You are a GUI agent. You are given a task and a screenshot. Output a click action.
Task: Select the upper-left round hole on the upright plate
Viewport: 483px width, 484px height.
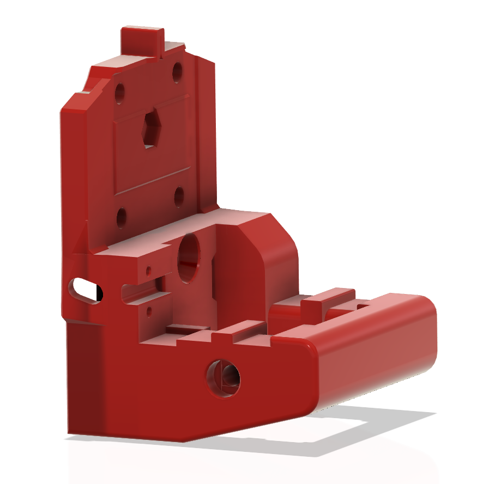point(119,94)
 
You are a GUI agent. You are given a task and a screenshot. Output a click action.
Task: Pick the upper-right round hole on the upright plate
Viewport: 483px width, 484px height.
point(178,72)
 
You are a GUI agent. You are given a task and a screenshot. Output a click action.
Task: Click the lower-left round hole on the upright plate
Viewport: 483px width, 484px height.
point(121,217)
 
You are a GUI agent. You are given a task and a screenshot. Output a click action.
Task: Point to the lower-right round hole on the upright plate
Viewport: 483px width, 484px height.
point(179,197)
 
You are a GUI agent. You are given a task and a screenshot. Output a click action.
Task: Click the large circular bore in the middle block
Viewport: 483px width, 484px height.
point(189,258)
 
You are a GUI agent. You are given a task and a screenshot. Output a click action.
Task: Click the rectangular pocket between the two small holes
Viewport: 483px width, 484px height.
point(143,291)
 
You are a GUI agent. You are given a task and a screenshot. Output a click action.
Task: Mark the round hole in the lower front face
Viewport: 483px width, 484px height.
point(224,377)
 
